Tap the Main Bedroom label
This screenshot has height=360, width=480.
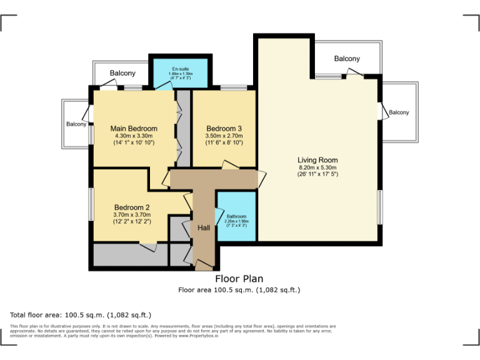point(134,129)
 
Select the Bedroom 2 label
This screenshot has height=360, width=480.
point(132,207)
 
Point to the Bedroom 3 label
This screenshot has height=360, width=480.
point(224,129)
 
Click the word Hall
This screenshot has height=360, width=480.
point(204,228)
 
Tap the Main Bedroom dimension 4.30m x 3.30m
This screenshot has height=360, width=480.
point(134,136)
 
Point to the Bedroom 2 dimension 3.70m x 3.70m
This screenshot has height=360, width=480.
point(132,214)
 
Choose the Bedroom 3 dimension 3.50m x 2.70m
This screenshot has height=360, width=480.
point(224,136)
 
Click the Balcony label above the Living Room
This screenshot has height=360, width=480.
point(347,59)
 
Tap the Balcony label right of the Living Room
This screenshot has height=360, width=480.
point(399,112)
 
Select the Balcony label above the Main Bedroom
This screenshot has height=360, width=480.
point(122,73)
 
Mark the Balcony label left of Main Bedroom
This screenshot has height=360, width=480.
point(76,124)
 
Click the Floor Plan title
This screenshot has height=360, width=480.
point(239,279)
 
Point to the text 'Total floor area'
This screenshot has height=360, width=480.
point(40,315)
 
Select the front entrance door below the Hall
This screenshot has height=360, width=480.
point(203,266)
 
